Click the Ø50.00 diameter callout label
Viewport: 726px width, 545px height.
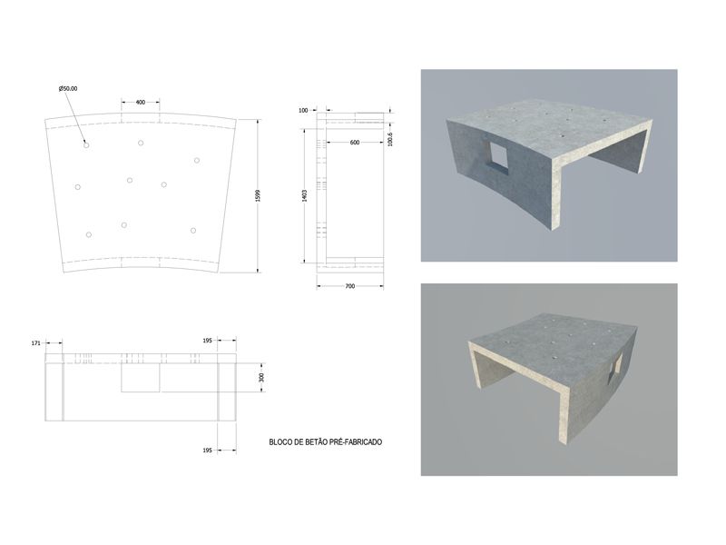point(68,88)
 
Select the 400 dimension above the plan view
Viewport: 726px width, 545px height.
point(141,103)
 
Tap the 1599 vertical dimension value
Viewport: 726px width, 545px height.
point(258,195)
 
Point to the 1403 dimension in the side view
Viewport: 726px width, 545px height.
point(304,195)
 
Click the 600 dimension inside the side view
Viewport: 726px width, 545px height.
point(355,143)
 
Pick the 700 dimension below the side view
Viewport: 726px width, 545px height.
point(350,286)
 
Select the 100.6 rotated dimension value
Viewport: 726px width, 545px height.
point(390,139)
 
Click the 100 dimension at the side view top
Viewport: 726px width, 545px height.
point(303,110)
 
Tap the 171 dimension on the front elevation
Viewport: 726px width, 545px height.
point(36,343)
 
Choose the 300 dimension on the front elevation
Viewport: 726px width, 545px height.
point(261,377)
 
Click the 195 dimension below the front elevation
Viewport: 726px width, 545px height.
point(208,451)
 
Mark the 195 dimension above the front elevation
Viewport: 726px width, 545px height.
point(208,341)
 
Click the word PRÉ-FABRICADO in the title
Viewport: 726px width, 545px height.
point(356,442)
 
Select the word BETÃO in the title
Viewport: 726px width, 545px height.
point(316,442)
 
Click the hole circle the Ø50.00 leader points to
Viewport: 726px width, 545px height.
point(86,145)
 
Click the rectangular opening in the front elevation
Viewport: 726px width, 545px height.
point(141,378)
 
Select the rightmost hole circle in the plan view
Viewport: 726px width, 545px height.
point(197,161)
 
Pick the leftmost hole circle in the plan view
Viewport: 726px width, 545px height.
point(78,187)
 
